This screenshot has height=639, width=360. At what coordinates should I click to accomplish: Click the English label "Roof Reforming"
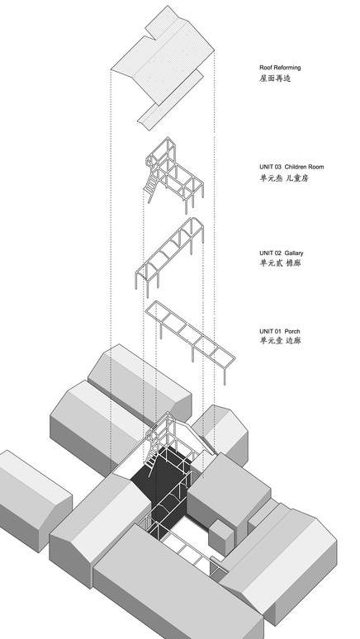point(280,68)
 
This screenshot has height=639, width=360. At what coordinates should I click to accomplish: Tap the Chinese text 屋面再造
point(275,78)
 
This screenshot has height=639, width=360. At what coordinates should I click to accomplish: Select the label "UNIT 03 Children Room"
point(291,167)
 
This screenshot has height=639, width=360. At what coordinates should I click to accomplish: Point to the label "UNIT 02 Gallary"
point(281,253)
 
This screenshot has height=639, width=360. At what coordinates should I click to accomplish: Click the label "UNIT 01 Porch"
point(279,331)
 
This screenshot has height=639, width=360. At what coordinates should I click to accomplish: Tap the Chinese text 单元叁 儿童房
point(284,177)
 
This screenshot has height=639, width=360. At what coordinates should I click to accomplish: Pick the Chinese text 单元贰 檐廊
point(280,263)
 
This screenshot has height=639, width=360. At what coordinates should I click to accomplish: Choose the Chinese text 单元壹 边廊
point(280,341)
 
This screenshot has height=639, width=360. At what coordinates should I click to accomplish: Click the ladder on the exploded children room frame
point(151,186)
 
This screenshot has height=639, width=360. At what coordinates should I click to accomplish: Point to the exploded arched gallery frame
point(169,256)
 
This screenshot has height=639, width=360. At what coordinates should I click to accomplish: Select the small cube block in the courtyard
point(221,536)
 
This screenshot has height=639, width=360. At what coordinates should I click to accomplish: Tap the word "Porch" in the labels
point(292,331)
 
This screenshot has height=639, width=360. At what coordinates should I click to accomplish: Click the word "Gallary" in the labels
point(294,253)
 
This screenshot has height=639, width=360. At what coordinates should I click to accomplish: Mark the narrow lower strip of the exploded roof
point(170,100)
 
